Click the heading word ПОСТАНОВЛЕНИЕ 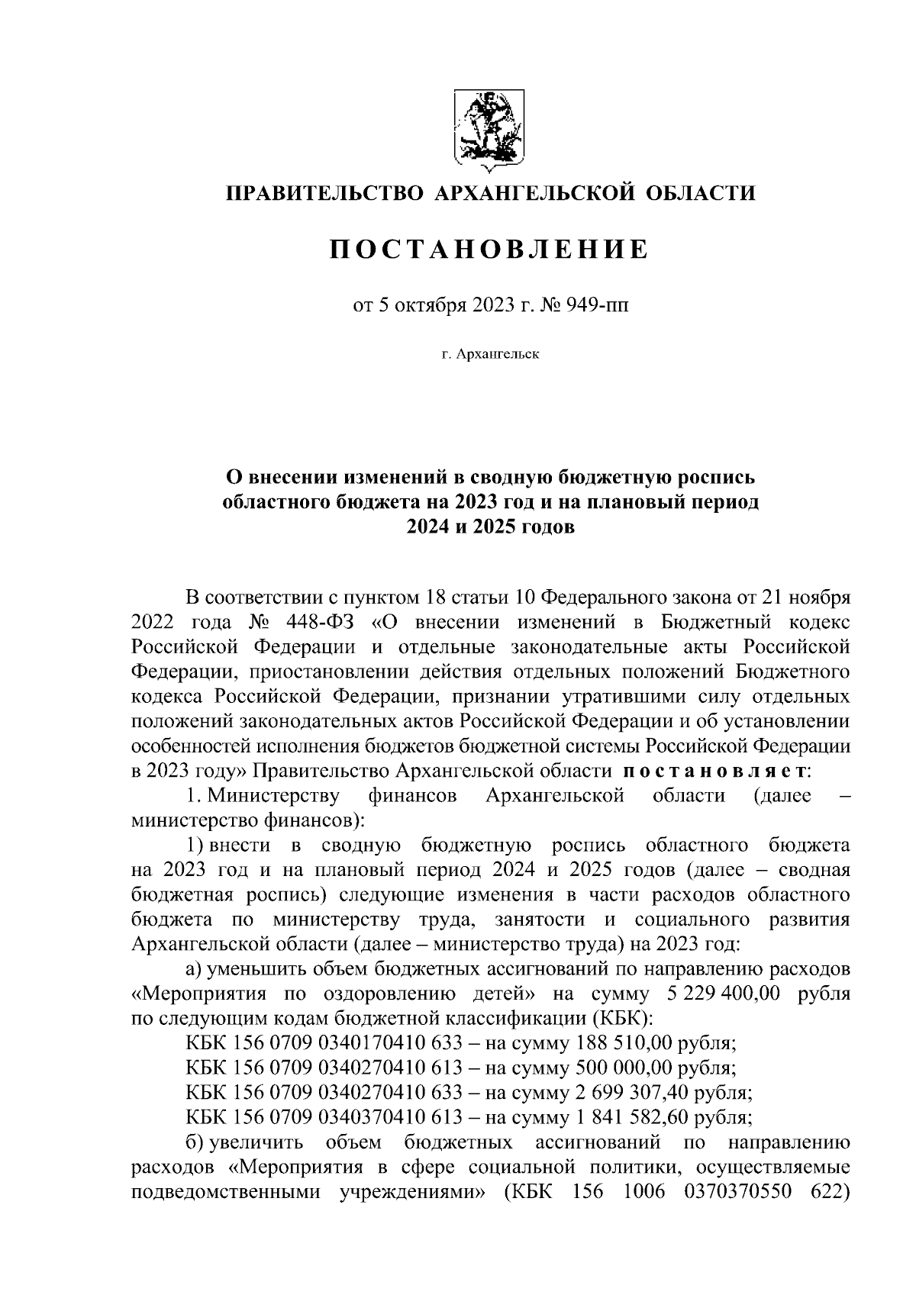(x=489, y=249)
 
